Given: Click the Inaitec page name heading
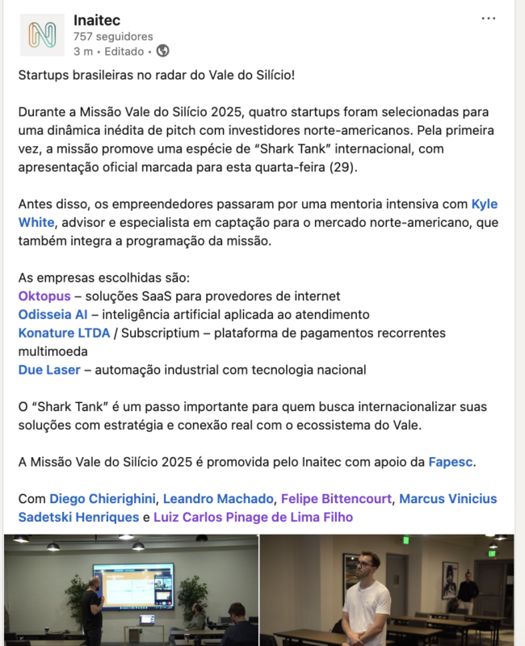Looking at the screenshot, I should tap(96, 19).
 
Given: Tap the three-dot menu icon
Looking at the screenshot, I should tap(489, 19).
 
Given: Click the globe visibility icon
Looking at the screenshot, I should tap(162, 51).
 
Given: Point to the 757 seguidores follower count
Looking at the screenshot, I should tap(112, 36).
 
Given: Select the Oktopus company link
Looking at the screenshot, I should tap(44, 296).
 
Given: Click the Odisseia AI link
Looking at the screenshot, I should tap(52, 314).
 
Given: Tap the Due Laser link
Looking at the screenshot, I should tap(49, 370).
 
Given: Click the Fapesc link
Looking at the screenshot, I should tap(451, 462).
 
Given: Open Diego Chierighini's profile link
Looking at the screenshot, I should tap(101, 498).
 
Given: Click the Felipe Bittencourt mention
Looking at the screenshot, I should tap(338, 498).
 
